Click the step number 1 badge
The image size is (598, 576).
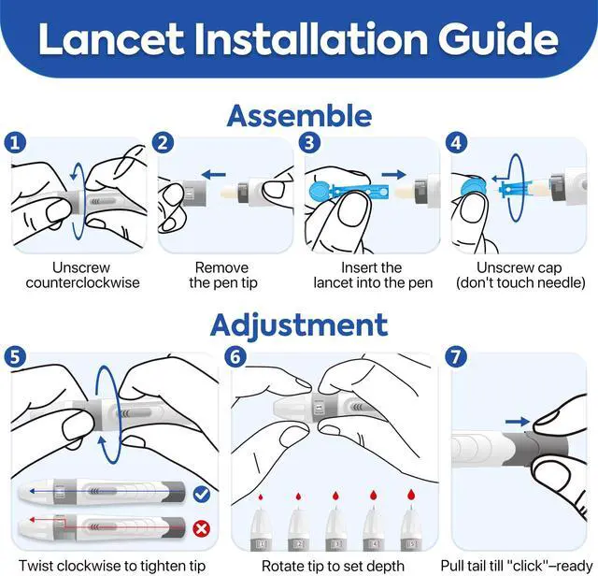tap(15, 143)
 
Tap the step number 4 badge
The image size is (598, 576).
tap(456, 143)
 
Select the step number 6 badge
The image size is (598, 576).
tap(235, 357)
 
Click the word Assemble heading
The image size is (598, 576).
tap(299, 116)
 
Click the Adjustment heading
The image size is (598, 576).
tap(299, 324)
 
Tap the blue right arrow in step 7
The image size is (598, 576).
tap(517, 422)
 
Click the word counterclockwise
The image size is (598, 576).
tap(82, 282)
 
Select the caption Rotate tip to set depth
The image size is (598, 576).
tap(333, 566)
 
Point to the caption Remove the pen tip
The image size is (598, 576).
tap(222, 275)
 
